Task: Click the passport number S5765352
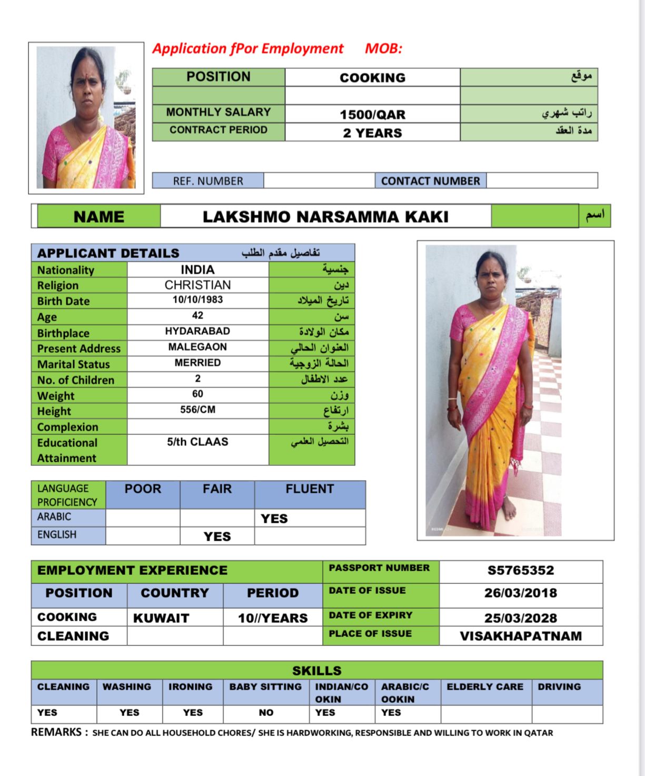(520, 570)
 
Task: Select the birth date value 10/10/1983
(197, 300)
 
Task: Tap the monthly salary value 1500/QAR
(372, 114)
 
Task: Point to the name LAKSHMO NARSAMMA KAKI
(325, 216)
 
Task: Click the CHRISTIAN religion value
(197, 285)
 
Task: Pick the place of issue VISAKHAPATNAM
(520, 636)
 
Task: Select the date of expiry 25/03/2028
(520, 618)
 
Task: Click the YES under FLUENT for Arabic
(274, 519)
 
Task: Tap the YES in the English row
(217, 536)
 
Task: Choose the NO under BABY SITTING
(266, 712)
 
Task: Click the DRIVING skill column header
(559, 687)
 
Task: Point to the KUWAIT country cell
(161, 618)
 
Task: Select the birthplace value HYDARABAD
(197, 331)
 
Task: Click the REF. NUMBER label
(208, 181)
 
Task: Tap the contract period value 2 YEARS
(372, 133)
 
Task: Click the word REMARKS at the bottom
(56, 732)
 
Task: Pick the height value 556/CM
(197, 410)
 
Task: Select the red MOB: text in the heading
(383, 48)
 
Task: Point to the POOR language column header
(143, 489)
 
